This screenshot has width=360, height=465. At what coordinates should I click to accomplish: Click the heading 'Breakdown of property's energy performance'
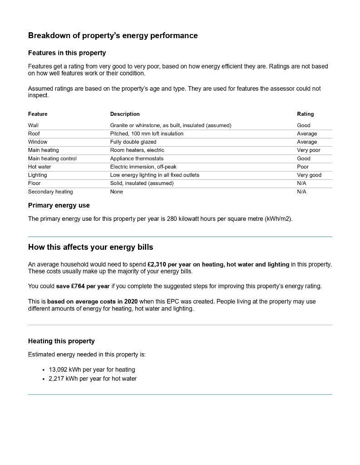(113, 35)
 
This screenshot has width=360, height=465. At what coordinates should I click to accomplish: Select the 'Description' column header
(125, 114)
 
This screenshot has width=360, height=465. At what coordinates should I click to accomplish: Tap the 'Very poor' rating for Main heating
(308, 150)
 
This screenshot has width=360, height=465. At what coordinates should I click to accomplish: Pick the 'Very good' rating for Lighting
(309, 175)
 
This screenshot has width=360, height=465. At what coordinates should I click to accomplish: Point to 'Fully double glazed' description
(133, 142)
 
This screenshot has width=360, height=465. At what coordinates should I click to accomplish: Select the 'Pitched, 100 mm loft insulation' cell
(147, 134)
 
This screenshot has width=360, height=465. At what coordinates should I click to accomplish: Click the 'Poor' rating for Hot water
(303, 167)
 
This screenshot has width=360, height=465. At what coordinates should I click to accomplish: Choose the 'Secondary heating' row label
(50, 192)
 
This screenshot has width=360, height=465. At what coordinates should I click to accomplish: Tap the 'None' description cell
(117, 192)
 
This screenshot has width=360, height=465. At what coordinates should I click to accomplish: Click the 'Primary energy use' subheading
(59, 205)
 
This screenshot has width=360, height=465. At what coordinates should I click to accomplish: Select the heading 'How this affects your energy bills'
(91, 247)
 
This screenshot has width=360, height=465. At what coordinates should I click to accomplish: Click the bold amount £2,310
(157, 264)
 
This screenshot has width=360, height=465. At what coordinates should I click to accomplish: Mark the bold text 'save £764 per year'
(83, 286)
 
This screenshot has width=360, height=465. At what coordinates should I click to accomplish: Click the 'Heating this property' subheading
(61, 341)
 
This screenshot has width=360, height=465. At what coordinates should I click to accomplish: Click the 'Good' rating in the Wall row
(304, 125)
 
